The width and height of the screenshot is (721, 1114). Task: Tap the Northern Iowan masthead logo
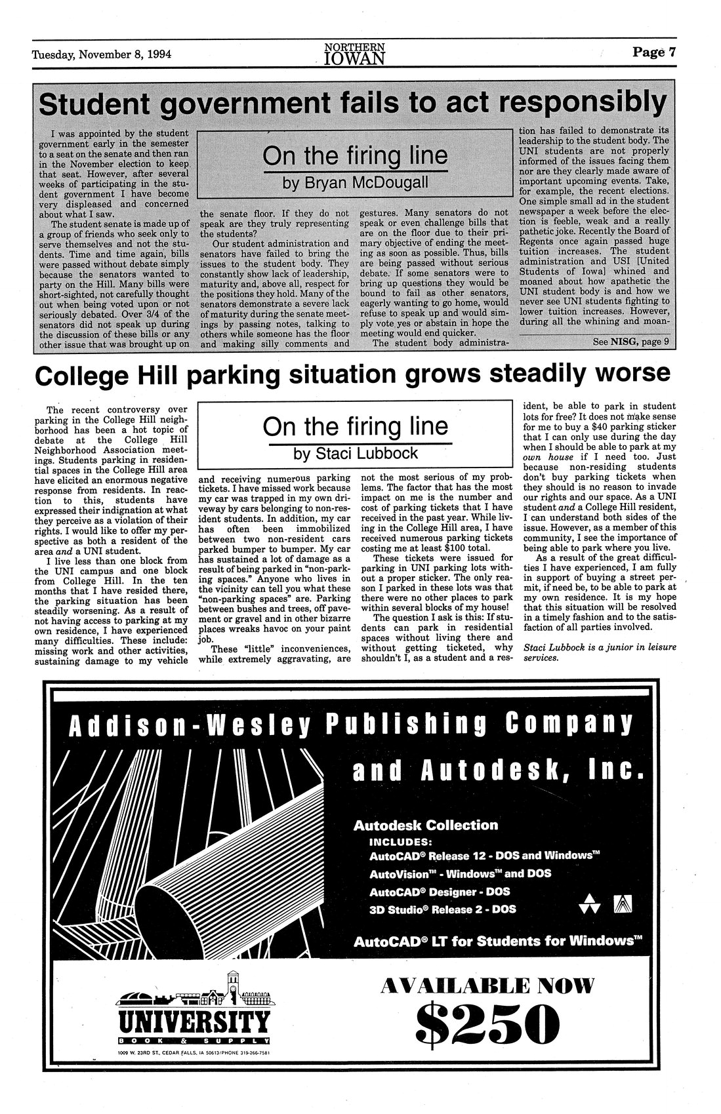(x=354, y=54)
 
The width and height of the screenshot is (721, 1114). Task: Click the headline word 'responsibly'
(x=582, y=103)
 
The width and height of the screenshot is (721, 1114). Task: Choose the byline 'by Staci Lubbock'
(x=355, y=453)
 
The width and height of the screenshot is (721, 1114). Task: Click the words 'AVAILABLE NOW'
(x=487, y=985)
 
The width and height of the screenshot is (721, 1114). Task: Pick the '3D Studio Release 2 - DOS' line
(x=442, y=909)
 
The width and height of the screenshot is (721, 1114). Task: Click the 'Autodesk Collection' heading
(x=425, y=825)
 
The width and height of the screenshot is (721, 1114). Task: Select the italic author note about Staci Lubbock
(x=600, y=654)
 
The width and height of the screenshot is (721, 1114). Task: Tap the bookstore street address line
(x=194, y=1053)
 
